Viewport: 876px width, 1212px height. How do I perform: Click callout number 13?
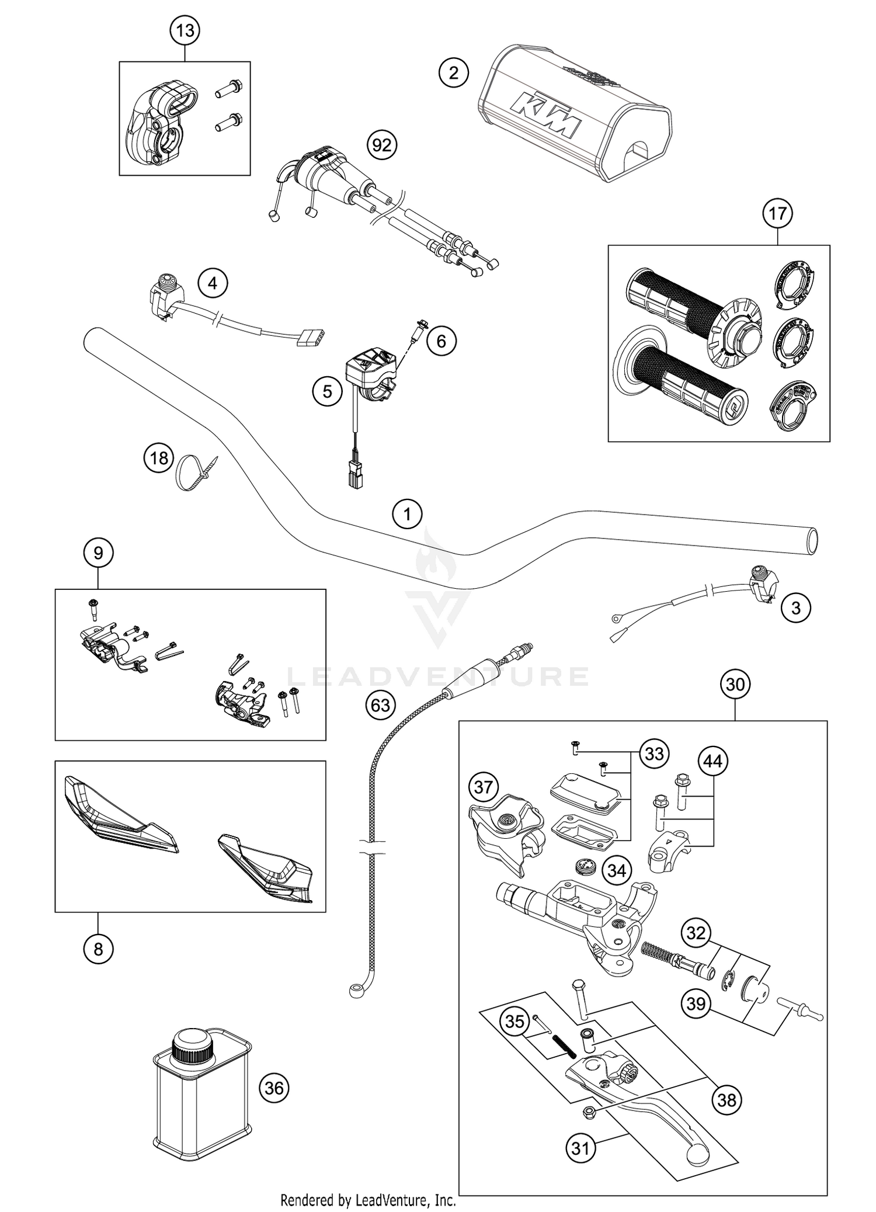[185, 30]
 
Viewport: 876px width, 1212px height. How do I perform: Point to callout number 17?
[777, 214]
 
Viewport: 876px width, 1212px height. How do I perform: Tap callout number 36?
[274, 1088]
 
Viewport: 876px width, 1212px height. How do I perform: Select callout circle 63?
[380, 705]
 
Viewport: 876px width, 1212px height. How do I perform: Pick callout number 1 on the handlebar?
[407, 515]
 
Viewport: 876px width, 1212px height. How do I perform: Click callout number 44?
[713, 761]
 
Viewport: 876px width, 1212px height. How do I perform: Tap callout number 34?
[617, 887]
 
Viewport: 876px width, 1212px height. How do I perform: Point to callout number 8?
[98, 949]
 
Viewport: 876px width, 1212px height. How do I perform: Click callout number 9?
[98, 553]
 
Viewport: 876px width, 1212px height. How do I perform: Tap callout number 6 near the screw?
[442, 341]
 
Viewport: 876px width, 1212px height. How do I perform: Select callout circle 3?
[796, 608]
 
